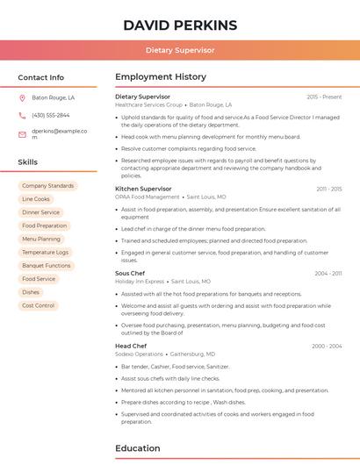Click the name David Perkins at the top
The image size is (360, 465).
[x=179, y=25]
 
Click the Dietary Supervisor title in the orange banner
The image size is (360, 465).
[x=179, y=50]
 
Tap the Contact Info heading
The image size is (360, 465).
[x=40, y=77]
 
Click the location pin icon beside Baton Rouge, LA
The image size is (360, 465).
[x=22, y=97]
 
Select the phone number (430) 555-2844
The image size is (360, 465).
[x=50, y=115]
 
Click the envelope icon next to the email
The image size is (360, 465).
[x=22, y=134]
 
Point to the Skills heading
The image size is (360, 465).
[x=27, y=162]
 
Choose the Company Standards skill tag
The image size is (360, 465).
[x=47, y=186]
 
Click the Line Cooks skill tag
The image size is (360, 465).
[x=36, y=199]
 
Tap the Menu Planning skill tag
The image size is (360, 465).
[x=41, y=239]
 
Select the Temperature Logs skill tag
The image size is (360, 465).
[x=45, y=252]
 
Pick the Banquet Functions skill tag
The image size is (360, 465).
[x=46, y=265]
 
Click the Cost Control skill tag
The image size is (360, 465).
[x=39, y=305]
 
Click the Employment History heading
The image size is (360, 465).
[x=161, y=77]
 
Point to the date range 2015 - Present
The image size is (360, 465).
[x=324, y=97]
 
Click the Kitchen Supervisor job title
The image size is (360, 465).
[x=143, y=189]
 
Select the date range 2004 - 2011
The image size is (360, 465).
[x=328, y=273]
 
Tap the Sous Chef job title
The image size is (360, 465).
[x=130, y=273]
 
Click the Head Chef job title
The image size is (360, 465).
[x=131, y=346]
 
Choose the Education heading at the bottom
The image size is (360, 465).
[x=138, y=448]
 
